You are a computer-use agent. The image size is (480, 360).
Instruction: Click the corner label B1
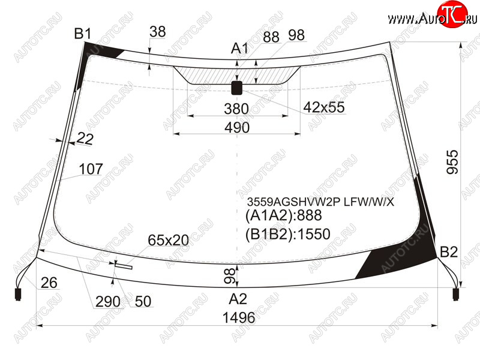click(x=83, y=34)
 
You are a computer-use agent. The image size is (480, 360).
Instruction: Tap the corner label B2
click(x=449, y=252)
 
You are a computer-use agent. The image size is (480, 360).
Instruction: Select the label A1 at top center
click(x=239, y=48)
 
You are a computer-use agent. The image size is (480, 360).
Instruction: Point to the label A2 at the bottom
click(x=238, y=299)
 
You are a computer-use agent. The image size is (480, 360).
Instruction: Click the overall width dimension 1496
click(x=239, y=317)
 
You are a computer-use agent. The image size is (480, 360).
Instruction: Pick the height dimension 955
click(x=452, y=162)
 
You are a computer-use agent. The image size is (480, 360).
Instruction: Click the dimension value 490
click(x=237, y=127)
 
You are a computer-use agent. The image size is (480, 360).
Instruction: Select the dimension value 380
click(x=236, y=109)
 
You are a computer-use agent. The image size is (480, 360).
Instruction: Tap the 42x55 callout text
click(x=324, y=107)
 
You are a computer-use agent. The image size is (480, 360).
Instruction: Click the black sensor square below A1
click(x=237, y=88)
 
